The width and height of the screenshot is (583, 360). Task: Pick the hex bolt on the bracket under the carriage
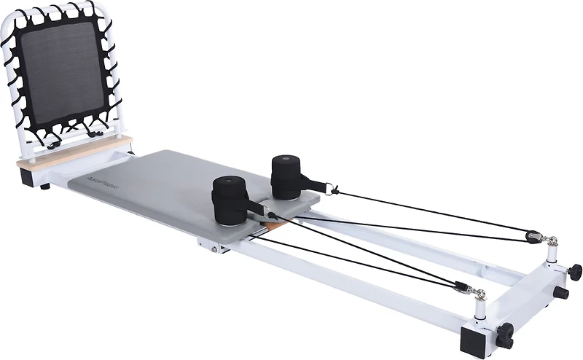[x=214, y=248]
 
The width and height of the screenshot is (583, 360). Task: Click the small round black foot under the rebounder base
[x=46, y=186]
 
